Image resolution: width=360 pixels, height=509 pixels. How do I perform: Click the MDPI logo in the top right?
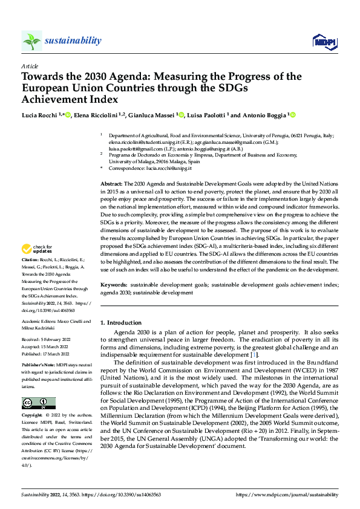[324, 41]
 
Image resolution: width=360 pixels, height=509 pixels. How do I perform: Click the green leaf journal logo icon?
[31, 41]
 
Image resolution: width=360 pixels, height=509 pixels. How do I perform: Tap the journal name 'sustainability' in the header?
[73, 41]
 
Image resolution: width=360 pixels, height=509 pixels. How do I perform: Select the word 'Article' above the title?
[30, 66]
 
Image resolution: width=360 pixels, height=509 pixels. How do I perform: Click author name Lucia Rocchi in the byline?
[40, 115]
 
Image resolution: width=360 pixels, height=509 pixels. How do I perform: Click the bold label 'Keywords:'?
[114, 284]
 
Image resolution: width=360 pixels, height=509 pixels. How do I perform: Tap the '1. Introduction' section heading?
[121, 323]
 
